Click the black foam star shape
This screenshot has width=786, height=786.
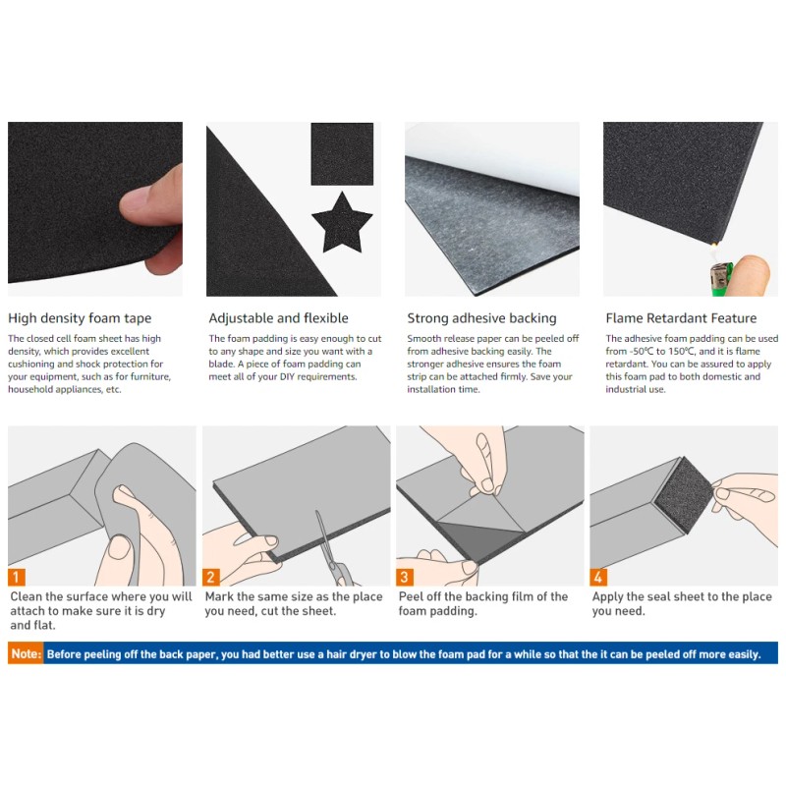342,223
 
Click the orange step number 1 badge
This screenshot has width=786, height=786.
17,577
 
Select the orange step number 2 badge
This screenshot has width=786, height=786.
211,577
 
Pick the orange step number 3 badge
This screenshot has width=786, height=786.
405,577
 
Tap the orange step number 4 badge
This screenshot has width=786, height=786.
598,577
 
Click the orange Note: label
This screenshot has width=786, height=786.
26,653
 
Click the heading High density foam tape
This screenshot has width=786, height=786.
80,318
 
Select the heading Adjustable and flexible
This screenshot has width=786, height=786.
278,317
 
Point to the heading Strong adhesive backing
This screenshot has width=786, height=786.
481,318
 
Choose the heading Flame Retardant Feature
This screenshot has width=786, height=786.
681,317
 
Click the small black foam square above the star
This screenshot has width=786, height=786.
342,154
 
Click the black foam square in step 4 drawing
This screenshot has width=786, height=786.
683,495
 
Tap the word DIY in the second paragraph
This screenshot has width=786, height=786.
287,376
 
